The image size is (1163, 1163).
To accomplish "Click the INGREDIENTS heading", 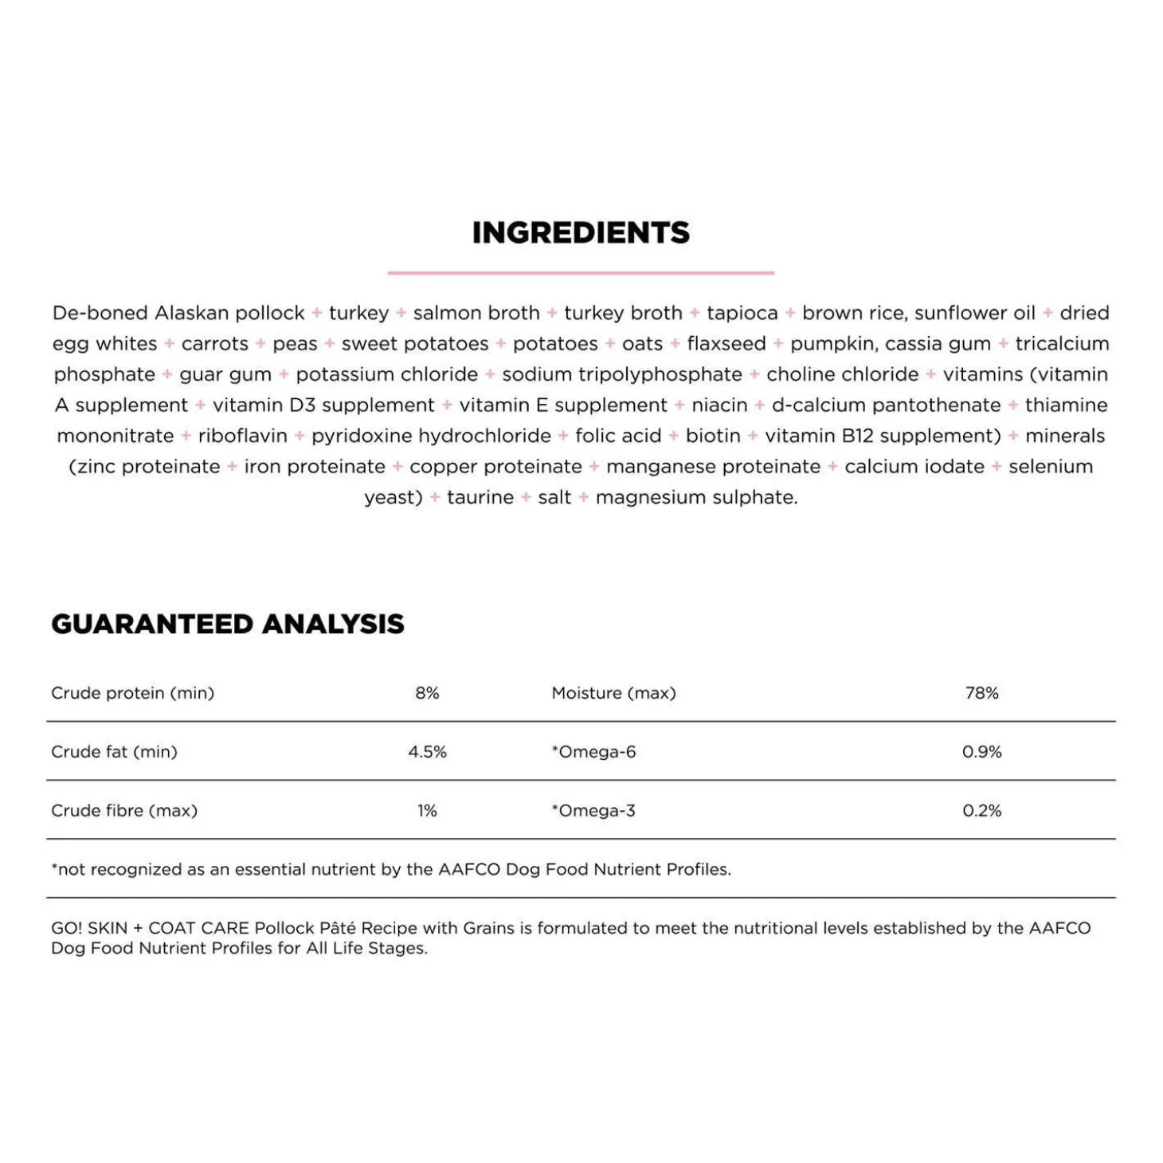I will coord(581,233).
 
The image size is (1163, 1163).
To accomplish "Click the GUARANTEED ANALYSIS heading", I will coord(228,624).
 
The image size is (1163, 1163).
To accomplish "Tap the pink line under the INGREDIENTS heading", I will coord(581,272).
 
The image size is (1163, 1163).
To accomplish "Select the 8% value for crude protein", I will coord(427,693).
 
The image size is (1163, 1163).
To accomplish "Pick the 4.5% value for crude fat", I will coord(427,752).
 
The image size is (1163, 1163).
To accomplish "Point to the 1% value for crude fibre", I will coord(427,811).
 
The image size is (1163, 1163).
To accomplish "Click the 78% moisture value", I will coord(981,693).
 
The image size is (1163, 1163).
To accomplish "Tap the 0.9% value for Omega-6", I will coord(981,752).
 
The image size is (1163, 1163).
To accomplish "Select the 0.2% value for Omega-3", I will coord(981,811).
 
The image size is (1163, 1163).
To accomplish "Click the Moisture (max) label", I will coord(613,693).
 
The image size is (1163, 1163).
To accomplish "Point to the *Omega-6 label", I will coord(593,752).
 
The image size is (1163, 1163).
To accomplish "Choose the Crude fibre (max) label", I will coord(124,811).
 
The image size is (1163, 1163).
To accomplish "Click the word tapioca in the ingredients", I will coord(742,313).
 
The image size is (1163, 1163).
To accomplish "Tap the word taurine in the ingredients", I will coord(480,498).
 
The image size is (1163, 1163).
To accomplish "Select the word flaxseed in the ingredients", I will coord(726,344).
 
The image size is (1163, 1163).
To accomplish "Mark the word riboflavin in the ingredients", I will coord(242,437).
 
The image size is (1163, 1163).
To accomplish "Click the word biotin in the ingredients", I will coord(713,437).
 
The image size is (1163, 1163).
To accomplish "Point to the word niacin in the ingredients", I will coord(719,405).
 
